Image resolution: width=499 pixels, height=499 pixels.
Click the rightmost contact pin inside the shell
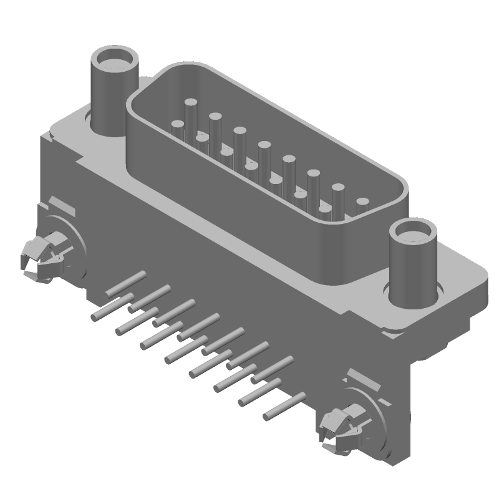pos(362,203)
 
